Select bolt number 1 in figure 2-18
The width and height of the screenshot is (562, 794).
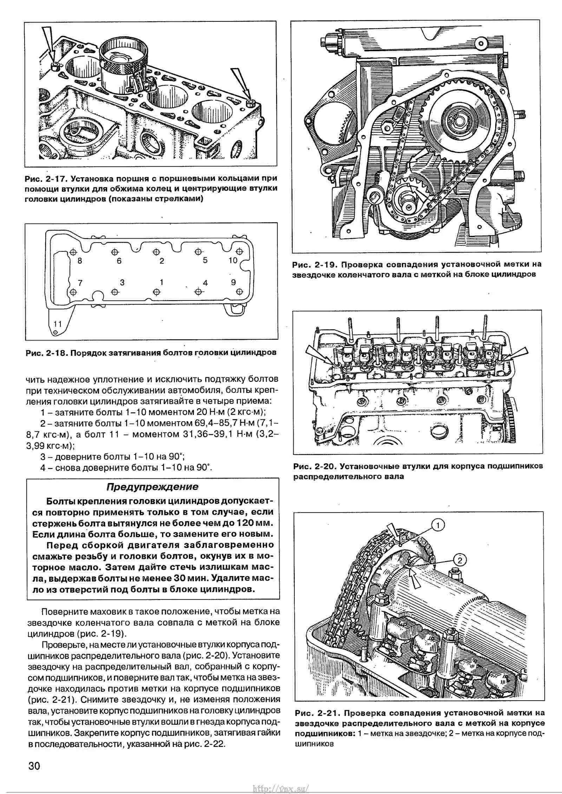(x=156, y=292)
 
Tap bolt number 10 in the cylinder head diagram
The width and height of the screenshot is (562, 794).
(x=240, y=252)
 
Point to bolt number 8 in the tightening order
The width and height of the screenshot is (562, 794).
(x=73, y=252)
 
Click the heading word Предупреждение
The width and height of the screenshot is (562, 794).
(x=152, y=487)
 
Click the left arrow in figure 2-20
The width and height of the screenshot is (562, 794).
(x=318, y=355)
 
